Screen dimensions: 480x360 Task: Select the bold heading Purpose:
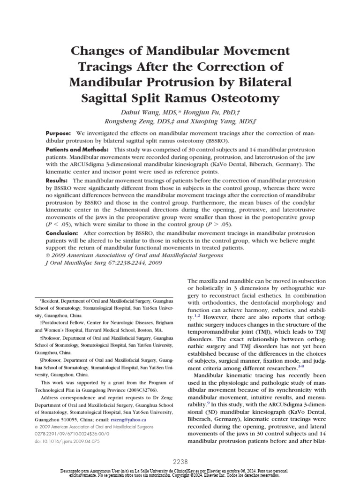58,133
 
